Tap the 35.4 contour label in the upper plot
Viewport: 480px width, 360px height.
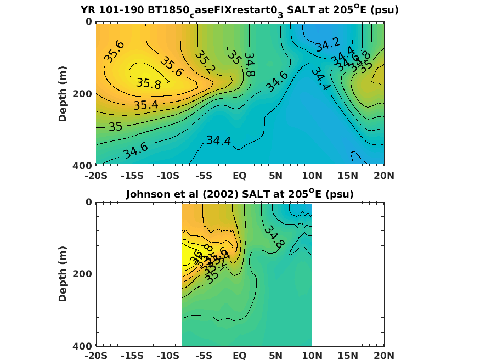coord(145,104)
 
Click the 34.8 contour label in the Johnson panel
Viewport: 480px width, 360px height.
coord(273,237)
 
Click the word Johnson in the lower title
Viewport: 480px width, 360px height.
coord(147,194)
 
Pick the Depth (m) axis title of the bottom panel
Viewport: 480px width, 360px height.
coord(63,274)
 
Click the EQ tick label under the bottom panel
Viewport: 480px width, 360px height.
coord(240,356)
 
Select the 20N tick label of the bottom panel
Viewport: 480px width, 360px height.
coord(383,356)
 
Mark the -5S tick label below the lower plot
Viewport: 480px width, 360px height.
coord(204,356)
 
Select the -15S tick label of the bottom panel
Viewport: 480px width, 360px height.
coord(132,356)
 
